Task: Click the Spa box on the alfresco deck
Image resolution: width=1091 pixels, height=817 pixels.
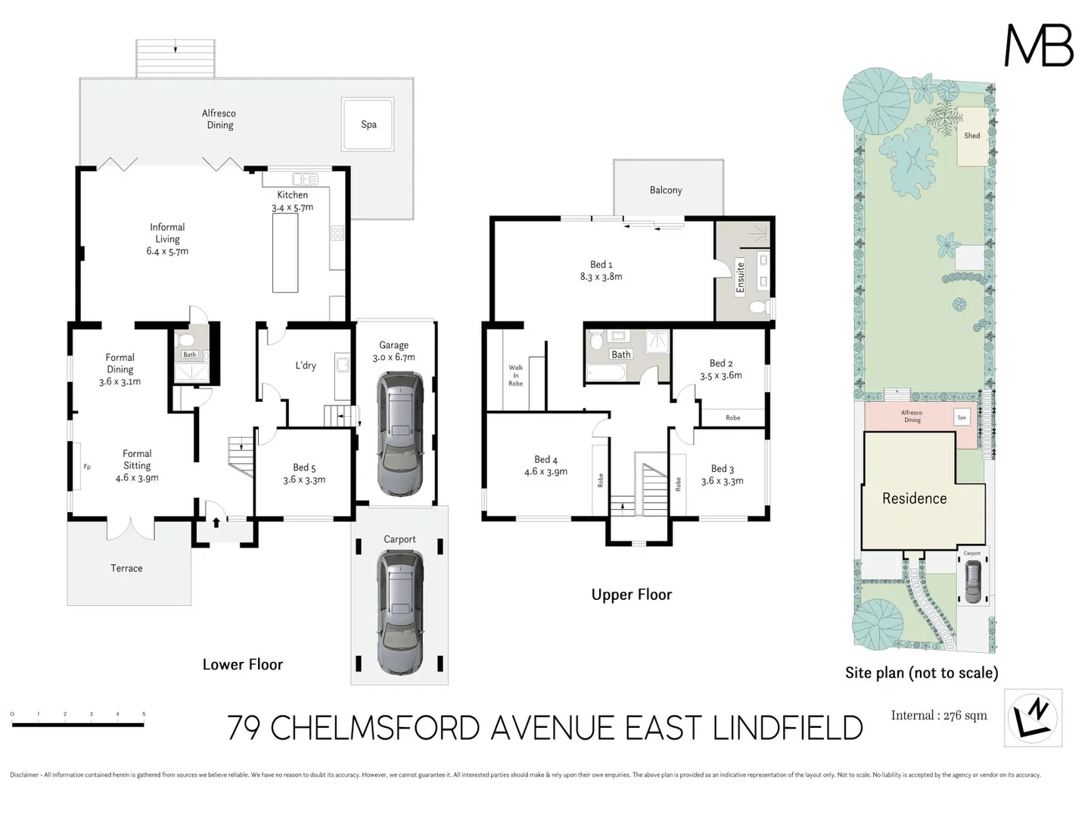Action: (x=368, y=125)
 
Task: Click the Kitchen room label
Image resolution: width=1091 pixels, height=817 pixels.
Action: (x=292, y=195)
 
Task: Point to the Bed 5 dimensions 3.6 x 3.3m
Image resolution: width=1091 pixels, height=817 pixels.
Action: (x=304, y=480)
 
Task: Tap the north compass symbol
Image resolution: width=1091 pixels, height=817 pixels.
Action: (x=1033, y=718)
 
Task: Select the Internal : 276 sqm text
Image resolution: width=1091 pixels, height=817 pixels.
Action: (x=938, y=716)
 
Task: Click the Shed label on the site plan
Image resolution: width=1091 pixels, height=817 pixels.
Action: (x=971, y=136)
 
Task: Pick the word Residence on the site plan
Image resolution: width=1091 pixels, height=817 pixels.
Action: (x=914, y=499)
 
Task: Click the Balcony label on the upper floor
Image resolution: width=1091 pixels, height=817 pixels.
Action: (x=666, y=191)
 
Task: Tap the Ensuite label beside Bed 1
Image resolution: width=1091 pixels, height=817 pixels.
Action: (x=741, y=276)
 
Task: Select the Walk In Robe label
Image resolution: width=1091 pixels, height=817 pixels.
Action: (x=515, y=375)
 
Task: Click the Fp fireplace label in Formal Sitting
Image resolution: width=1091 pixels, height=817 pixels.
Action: (x=87, y=467)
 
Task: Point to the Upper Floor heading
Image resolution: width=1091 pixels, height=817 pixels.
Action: (x=631, y=595)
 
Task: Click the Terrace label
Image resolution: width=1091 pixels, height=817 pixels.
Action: (x=126, y=568)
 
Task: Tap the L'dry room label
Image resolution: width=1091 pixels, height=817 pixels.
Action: (x=306, y=365)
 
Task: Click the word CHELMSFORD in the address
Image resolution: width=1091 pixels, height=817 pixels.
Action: (x=375, y=728)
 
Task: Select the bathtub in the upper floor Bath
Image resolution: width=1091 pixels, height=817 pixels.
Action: (x=606, y=372)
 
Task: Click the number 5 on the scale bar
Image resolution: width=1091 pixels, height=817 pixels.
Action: (x=144, y=714)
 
